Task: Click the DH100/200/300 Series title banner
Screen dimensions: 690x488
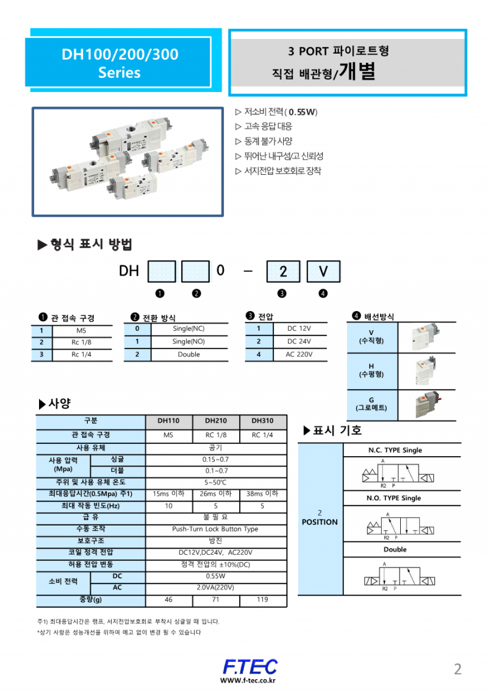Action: [120, 63]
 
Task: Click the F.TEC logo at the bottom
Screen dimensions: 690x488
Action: [249, 667]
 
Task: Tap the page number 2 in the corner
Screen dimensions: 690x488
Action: [457, 669]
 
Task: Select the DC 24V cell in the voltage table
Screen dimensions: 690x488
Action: [300, 342]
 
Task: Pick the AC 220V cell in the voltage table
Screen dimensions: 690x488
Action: [300, 354]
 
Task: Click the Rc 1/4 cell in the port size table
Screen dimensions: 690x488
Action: [81, 354]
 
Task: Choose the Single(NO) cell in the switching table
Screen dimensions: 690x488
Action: [188, 342]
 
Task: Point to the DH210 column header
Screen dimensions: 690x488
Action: [216, 420]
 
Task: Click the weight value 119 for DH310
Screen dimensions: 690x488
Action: [262, 600]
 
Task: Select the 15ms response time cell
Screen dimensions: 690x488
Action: [169, 494]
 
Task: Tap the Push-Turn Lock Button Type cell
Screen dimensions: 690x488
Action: [215, 529]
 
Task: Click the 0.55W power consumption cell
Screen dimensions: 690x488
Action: [215, 576]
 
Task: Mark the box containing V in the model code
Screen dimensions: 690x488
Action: [323, 272]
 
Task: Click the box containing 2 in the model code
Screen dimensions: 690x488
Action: [283, 272]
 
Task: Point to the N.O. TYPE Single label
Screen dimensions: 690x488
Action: [393, 498]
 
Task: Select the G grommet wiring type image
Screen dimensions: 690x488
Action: [426, 405]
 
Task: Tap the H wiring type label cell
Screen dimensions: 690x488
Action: [371, 370]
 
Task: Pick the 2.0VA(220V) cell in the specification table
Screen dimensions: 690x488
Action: [215, 588]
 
